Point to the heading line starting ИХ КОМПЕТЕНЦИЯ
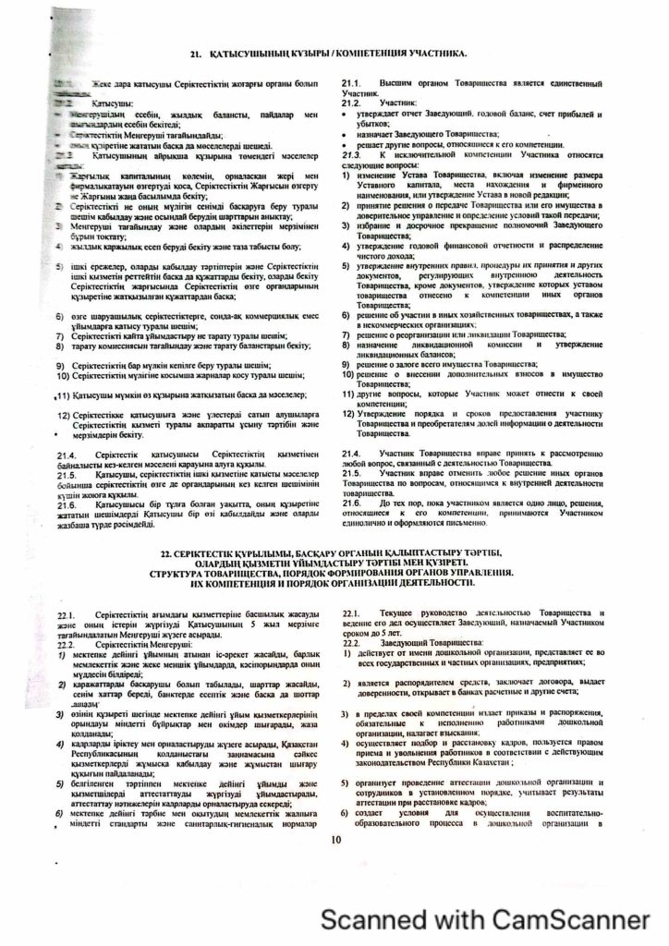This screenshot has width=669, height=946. point(335,584)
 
